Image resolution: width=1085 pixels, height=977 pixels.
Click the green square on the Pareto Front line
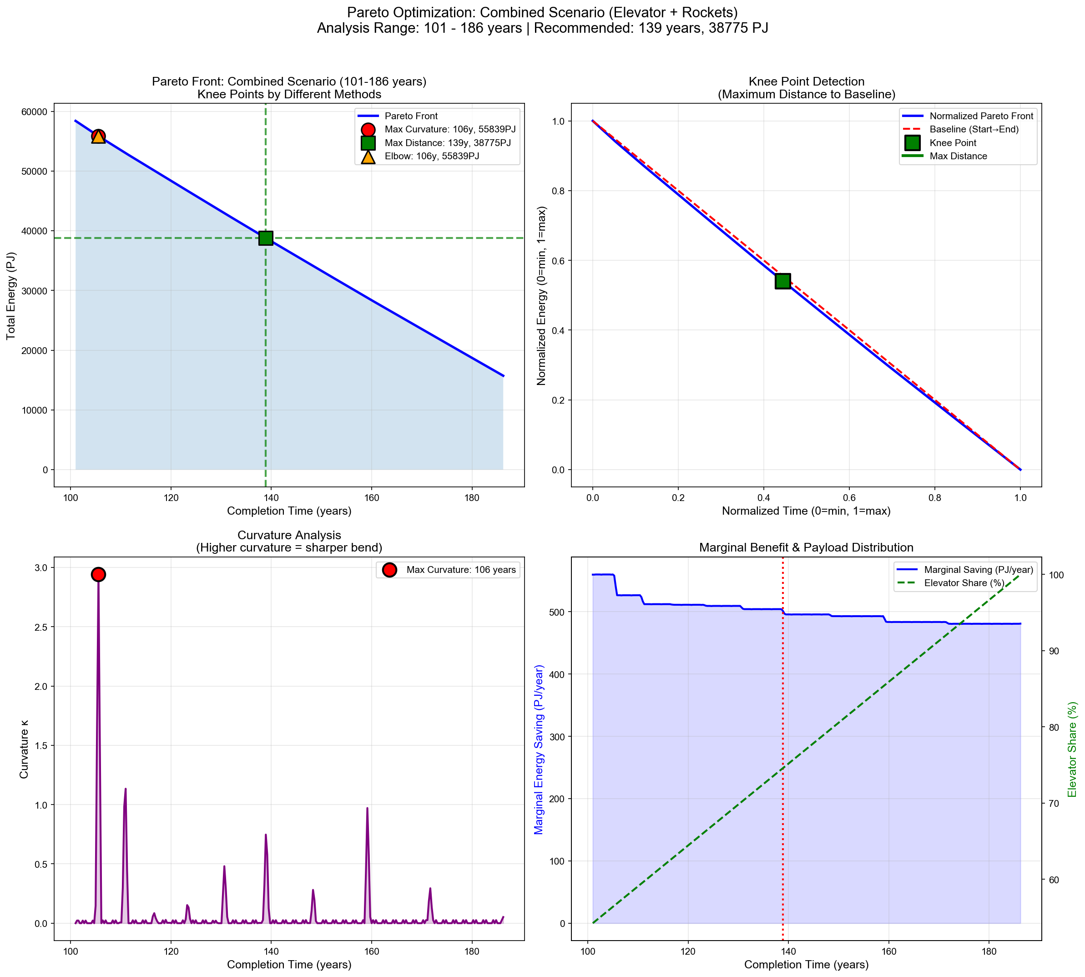pyautogui.click(x=266, y=238)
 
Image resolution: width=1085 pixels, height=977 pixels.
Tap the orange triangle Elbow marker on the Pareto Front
pyautogui.click(x=98, y=137)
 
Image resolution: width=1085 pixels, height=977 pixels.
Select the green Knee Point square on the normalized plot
pyautogui.click(x=783, y=281)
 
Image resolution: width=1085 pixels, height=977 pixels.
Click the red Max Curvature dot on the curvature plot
pyautogui.click(x=98, y=574)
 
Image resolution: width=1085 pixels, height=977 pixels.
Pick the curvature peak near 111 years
pyautogui.click(x=125, y=789)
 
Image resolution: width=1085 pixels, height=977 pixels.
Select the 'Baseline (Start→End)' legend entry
pyautogui.click(x=974, y=129)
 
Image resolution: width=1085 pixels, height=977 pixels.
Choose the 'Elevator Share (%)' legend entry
pyautogui.click(x=964, y=583)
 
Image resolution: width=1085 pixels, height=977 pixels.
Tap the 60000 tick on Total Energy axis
pyautogui.click(x=33, y=111)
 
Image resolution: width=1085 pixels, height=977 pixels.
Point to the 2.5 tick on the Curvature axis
pyautogui.click(x=40, y=627)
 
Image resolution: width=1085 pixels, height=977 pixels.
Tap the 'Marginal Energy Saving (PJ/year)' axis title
pyautogui.click(x=539, y=749)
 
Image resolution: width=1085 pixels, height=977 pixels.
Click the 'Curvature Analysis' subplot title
pyautogui.click(x=289, y=535)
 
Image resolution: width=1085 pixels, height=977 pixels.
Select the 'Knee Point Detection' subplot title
pyautogui.click(x=806, y=81)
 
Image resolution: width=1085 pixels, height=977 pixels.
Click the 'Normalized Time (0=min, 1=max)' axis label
pyautogui.click(x=806, y=511)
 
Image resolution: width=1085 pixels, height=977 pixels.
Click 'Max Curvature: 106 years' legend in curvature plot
pyautogui.click(x=460, y=570)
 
